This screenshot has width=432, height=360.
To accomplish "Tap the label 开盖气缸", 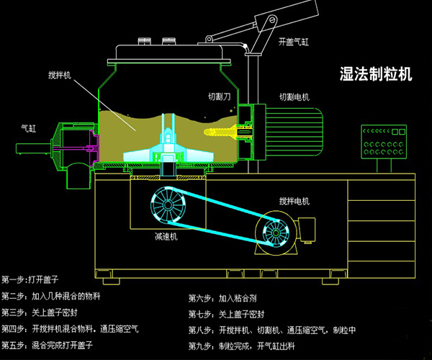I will click(x=294, y=42).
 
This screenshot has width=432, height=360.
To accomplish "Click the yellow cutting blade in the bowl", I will click(x=222, y=132).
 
